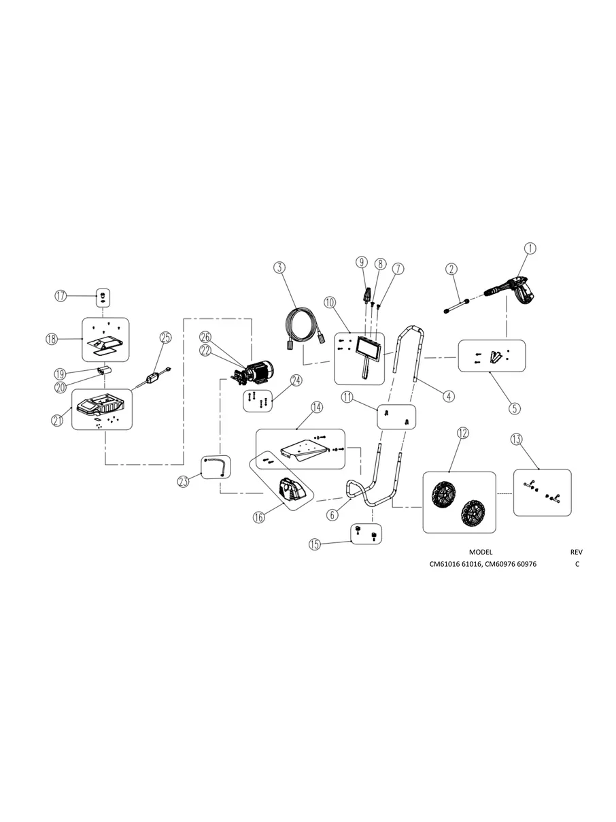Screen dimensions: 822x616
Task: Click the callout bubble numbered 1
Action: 530,249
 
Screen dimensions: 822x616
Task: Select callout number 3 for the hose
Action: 279,267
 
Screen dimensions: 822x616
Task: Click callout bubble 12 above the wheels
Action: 462,433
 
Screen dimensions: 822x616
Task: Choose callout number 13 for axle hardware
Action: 518,440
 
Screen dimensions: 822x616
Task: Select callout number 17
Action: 61,295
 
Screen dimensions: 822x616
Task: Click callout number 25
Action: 166,337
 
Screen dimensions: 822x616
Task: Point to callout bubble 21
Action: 57,421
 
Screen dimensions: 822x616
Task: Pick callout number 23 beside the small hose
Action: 183,482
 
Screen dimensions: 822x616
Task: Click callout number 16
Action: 259,517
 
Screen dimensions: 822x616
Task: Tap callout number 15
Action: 314,544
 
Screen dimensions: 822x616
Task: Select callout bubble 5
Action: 515,408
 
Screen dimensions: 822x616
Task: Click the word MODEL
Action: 480,552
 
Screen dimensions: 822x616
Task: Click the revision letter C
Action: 577,564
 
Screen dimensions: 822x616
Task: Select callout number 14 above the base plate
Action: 317,407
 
